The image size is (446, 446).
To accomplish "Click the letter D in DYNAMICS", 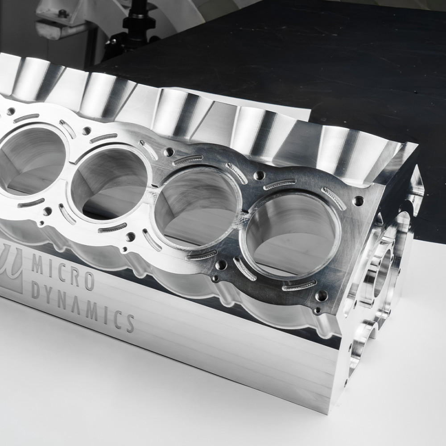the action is [36, 290].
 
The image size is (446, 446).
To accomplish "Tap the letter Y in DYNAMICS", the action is [50, 295].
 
